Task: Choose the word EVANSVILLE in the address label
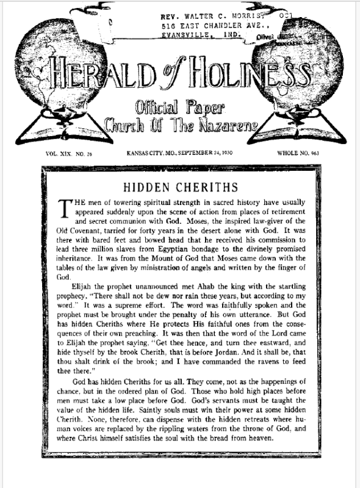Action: (185, 37)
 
